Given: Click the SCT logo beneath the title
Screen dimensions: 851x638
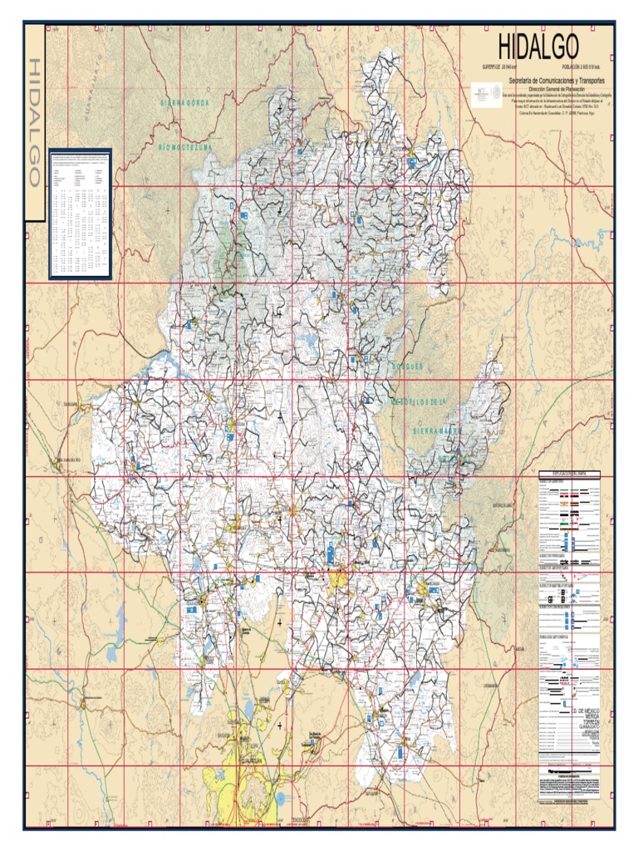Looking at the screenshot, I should pos(483,93).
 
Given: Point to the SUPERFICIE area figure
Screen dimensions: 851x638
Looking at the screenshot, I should pos(499,66).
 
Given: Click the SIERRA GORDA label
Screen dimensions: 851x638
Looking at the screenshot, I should pos(184,102).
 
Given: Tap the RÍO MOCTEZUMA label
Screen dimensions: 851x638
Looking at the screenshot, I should pos(186,145).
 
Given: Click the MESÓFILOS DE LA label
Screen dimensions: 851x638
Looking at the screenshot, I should pos(418,402).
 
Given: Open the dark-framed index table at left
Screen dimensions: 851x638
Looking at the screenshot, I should pos(80,214).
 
